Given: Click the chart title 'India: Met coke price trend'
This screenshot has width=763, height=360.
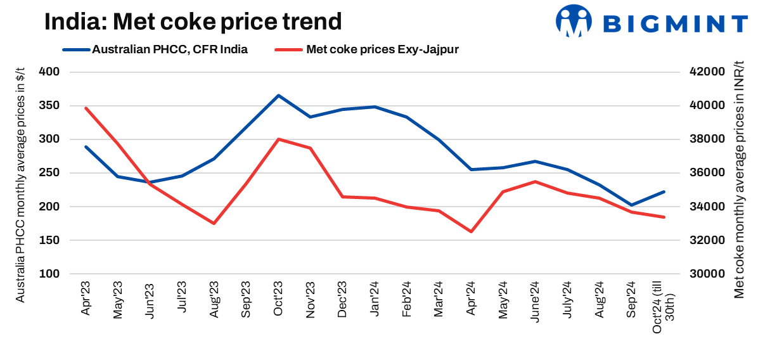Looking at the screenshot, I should point(193,22).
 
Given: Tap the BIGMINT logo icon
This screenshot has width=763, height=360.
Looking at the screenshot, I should point(573,22).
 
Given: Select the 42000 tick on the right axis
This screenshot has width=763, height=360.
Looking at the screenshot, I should point(705,72).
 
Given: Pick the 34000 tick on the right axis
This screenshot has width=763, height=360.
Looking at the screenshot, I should point(705,207).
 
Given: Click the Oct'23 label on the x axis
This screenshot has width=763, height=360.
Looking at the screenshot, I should point(278,299).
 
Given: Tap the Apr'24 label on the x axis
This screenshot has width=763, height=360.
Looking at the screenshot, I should point(471,299).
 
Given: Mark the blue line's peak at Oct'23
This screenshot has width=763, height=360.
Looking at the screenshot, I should point(278,96).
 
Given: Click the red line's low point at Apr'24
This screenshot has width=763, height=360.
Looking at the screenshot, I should point(471,231).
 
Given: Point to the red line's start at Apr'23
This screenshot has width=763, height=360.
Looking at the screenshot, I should point(86,108).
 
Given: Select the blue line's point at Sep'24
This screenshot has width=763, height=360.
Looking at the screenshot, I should point(631,205).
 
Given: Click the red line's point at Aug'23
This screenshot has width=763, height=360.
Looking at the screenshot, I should point(214,223).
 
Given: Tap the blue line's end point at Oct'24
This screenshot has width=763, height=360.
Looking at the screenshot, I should point(664,191).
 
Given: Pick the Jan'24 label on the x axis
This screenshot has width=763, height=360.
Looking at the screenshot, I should point(375,299).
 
